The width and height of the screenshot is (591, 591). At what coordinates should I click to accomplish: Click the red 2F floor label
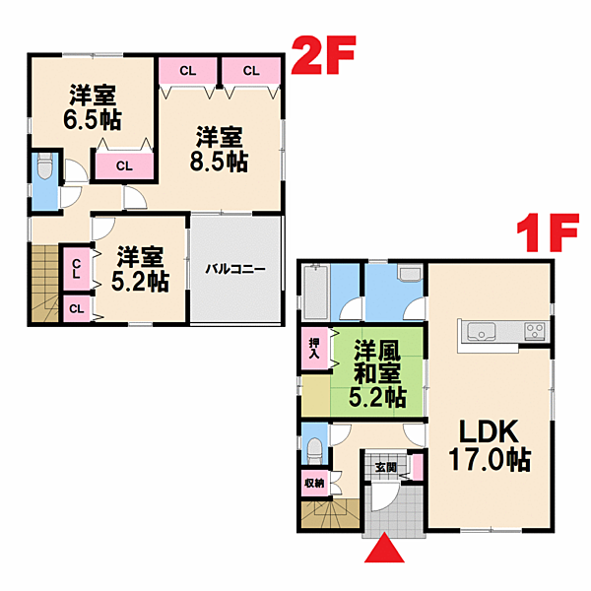pos(323,55)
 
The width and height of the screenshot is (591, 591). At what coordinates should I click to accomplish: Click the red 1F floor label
pos(548,232)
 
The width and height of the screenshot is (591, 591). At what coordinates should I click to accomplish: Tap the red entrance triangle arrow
pos(384,548)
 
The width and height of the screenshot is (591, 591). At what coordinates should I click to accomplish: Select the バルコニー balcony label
pos(235,269)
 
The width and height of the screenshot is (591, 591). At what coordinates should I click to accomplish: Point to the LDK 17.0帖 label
pos(490,445)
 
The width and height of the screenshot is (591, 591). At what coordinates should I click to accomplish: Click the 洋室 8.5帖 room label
pos(219,150)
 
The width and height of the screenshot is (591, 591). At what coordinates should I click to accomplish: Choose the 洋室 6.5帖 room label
pos(93,107)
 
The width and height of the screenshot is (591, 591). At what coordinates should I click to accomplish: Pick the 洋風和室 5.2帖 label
pos(377,373)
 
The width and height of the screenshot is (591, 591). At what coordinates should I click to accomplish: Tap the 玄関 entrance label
pos(386,467)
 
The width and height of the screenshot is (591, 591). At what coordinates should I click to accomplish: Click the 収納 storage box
pos(315,483)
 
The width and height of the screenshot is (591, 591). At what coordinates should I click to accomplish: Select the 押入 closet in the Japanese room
pos(314,348)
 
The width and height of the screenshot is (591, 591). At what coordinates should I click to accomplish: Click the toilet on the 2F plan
pos(45,165)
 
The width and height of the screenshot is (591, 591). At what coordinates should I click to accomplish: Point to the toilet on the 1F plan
pos(314,451)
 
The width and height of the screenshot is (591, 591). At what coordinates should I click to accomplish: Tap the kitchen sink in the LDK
pos(482,331)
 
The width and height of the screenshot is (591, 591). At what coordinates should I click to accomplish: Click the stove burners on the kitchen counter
pos(535,331)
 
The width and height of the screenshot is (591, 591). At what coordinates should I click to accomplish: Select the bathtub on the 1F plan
pos(316,293)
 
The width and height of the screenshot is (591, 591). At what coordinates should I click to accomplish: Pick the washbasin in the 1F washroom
pos(410,273)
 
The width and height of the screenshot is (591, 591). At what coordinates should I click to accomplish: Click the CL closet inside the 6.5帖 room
pos(124,165)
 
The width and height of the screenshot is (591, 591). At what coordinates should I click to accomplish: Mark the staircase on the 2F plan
pos(45,283)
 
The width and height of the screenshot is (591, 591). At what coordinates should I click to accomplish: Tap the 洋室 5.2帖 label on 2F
pos(140,269)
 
